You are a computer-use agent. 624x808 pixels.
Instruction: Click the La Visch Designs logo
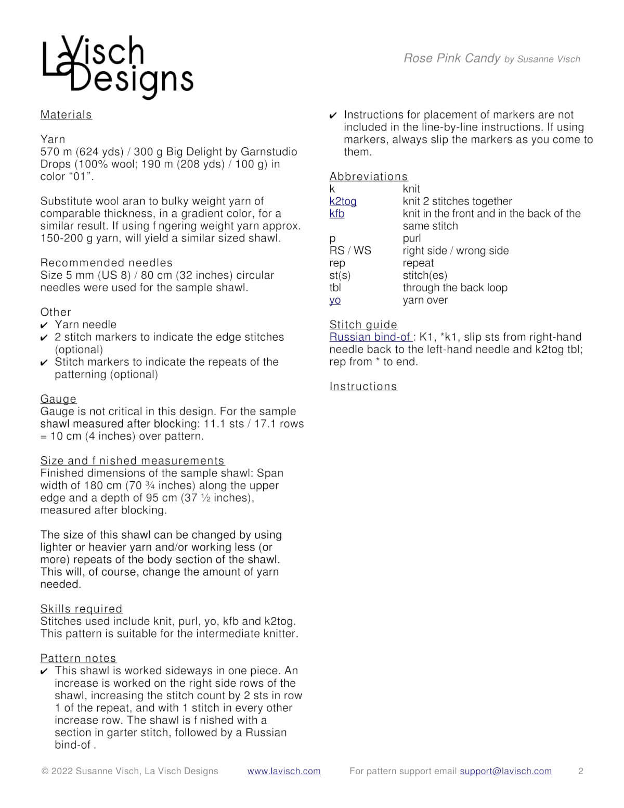[x=118, y=67]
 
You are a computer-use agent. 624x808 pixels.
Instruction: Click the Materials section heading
[x=66, y=115]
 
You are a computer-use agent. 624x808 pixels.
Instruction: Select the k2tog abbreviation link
[x=343, y=201]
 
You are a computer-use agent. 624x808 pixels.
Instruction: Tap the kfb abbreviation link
[x=337, y=214]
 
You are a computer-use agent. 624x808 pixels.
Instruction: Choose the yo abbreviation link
[x=335, y=300]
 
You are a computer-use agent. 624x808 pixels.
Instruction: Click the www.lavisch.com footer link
[x=284, y=771]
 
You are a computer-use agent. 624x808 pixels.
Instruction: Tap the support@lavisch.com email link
[x=505, y=771]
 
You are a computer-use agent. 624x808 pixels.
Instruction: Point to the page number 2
[x=581, y=771]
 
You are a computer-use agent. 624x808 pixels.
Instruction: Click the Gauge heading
[x=58, y=399]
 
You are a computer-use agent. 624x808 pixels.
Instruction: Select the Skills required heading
[x=81, y=609]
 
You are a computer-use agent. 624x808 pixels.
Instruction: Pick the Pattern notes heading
[x=79, y=658]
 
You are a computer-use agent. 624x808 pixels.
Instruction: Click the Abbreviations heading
[x=369, y=176]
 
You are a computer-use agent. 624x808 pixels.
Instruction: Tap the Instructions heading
[x=363, y=387]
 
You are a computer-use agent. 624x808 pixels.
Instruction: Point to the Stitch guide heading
[x=363, y=325]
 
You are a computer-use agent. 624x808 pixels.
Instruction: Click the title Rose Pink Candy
[x=452, y=58]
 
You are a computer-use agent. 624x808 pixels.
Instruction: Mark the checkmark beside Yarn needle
[x=44, y=325]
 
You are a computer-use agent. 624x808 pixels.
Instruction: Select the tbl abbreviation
[x=335, y=288]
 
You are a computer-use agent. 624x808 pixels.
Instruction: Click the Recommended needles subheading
[x=106, y=263]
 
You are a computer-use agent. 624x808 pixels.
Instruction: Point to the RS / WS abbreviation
[x=350, y=251]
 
